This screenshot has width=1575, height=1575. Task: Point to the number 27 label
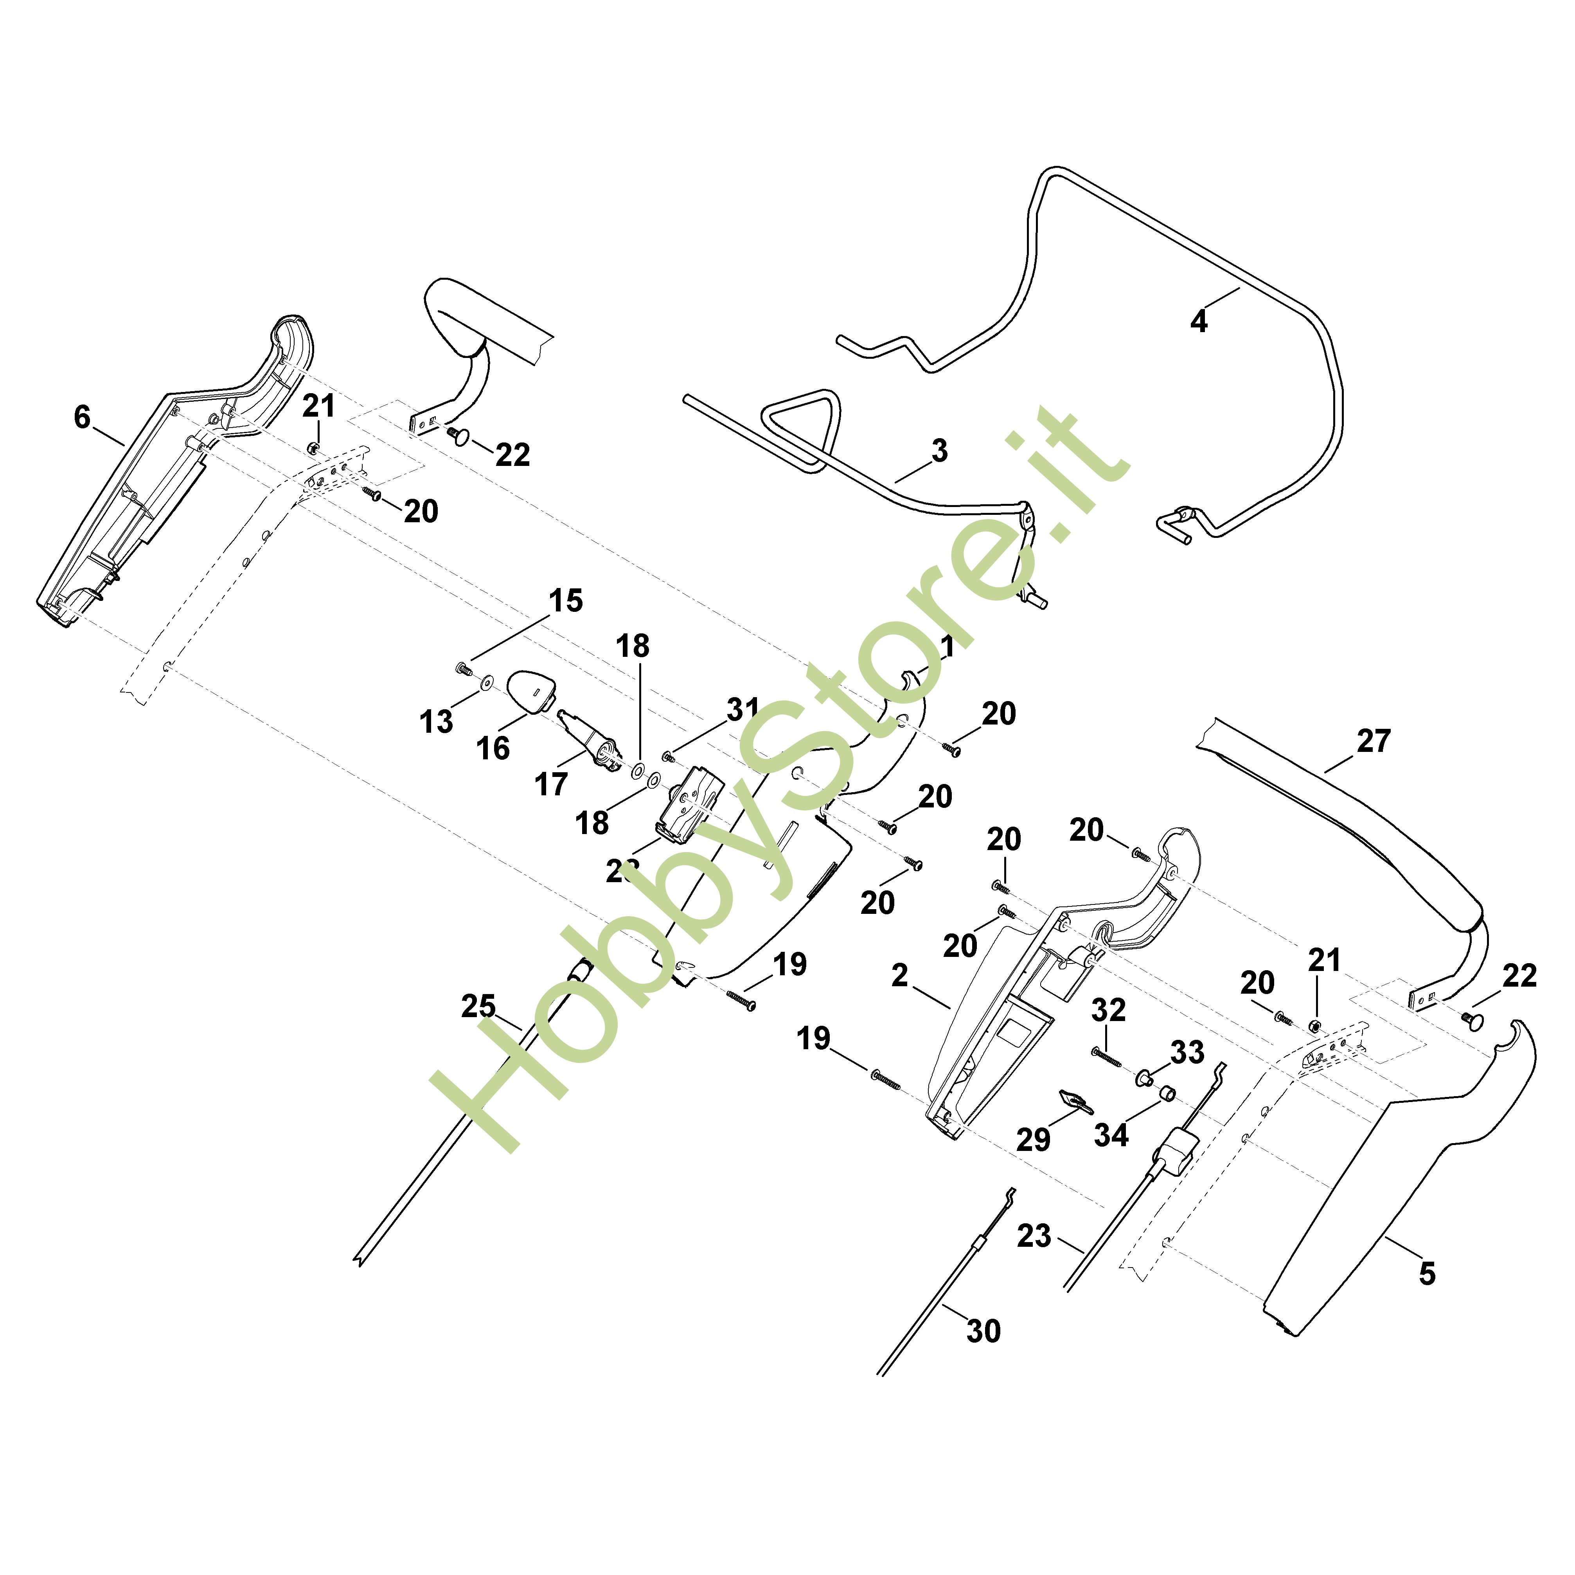point(1374,741)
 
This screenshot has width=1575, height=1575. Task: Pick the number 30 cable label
point(983,1331)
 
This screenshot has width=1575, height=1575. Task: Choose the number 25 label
point(478,1007)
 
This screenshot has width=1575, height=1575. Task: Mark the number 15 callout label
point(566,601)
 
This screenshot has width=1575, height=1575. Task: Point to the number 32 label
point(1109,1010)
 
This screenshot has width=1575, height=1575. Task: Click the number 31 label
point(743,709)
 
